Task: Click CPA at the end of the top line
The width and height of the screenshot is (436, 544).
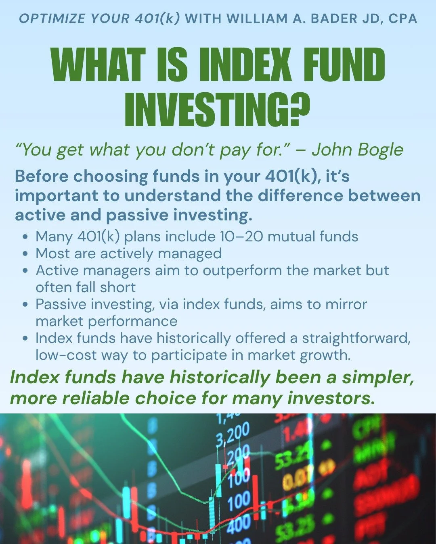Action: (402, 19)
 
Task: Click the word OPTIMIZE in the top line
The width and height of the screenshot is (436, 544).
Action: (52, 19)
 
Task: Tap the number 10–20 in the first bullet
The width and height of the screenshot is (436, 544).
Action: (241, 237)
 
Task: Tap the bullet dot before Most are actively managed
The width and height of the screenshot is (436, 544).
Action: (26, 254)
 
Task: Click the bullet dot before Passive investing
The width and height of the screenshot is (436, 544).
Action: (26, 305)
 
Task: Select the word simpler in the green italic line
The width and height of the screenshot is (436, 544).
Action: (377, 378)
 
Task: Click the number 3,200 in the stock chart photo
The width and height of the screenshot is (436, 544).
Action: (233, 434)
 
